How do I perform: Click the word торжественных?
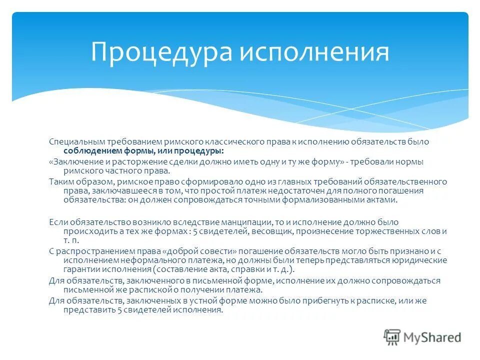386,231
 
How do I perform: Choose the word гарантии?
79,269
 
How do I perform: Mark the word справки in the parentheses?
245,269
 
